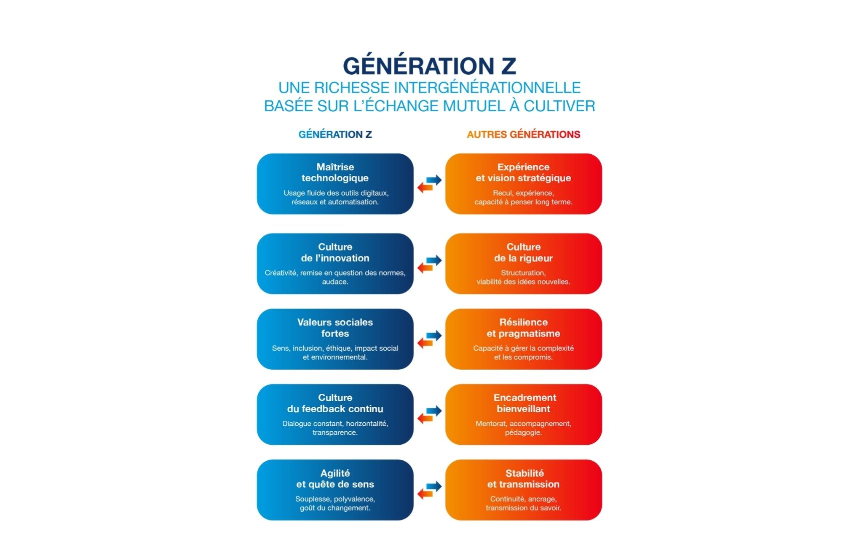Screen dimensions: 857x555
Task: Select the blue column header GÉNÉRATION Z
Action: [335, 134]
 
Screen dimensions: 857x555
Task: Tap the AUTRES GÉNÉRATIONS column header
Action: [524, 134]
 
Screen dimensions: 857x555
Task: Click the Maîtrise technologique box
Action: [335, 184]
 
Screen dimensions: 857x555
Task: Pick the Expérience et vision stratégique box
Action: [524, 184]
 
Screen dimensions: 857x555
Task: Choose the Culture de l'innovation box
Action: [335, 263]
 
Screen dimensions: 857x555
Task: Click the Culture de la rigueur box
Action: [524, 263]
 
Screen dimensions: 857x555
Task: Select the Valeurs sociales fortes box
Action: [335, 339]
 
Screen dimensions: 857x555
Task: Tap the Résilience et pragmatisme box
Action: [524, 339]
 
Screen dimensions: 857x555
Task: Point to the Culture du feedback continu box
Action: [335, 415]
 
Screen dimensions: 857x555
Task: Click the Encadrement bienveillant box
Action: [524, 415]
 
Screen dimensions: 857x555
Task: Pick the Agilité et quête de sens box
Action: [335, 490]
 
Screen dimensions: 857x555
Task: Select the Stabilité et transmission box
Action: [524, 490]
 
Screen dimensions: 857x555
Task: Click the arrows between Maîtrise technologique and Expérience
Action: [430, 184]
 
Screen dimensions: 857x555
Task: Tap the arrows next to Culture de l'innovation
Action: [430, 263]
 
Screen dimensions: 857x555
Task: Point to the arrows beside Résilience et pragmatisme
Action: [430, 339]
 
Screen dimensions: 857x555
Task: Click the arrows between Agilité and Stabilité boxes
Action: [430, 490]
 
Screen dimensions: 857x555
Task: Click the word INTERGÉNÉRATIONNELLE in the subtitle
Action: [487, 88]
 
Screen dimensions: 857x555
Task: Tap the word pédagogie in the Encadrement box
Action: [524, 432]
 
